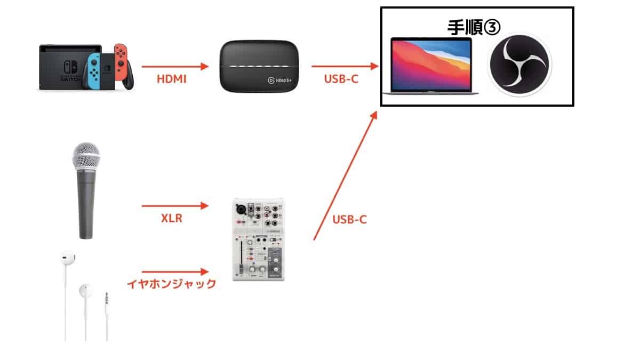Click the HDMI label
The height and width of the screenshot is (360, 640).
171,79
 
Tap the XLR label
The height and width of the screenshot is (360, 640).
171,218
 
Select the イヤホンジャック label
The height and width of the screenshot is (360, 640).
171,284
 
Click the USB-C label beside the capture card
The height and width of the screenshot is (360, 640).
341,79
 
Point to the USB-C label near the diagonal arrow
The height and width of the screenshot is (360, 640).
349,219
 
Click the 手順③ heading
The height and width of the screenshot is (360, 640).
474,27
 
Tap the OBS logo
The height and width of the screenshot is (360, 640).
519,65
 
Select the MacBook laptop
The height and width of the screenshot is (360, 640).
431,66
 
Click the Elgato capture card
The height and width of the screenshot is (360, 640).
259,66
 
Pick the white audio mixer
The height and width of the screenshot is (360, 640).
259,239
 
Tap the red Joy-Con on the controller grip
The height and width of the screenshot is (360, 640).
121,62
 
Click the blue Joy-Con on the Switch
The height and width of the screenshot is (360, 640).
94,71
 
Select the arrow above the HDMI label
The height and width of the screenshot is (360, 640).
175,67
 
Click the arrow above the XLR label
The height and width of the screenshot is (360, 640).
175,206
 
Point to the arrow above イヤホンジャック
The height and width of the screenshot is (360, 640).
175,271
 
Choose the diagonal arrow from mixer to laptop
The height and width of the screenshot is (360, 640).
346,175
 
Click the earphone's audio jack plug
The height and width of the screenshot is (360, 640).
107,299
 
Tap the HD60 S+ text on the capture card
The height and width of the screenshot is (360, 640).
284,81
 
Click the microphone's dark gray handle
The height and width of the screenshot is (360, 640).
86,204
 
